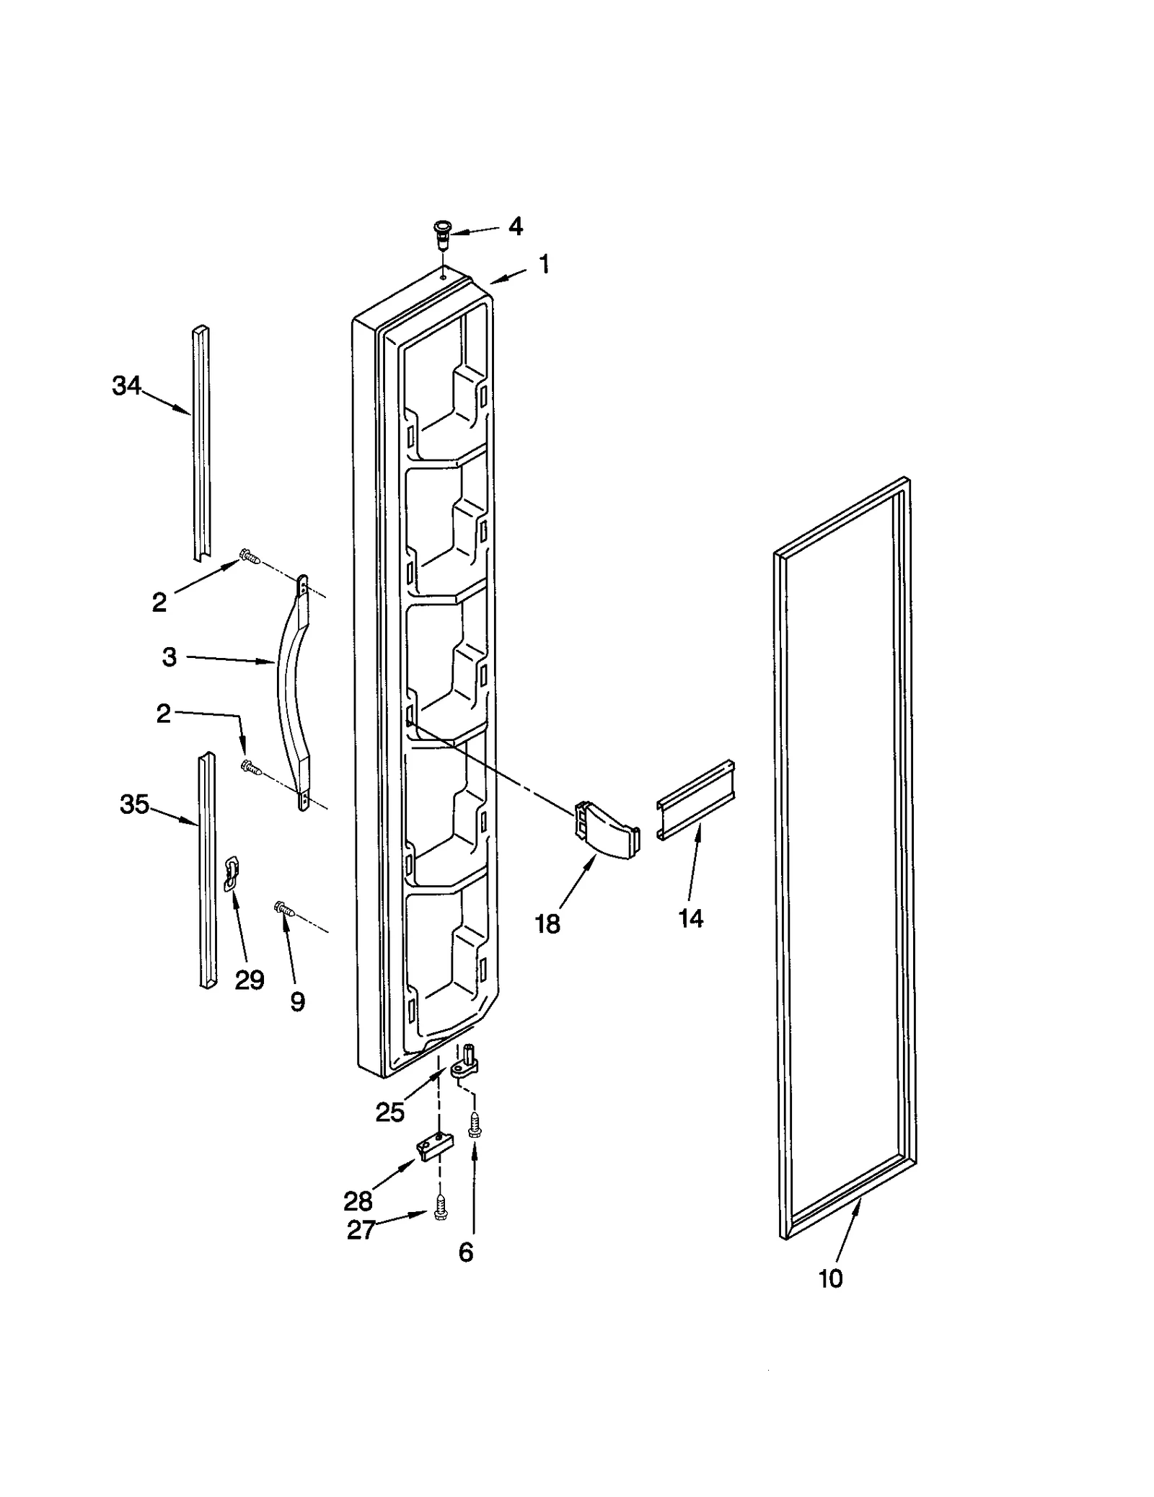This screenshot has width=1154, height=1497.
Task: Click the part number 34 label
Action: pyautogui.click(x=126, y=387)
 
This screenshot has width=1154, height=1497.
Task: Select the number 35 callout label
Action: pyautogui.click(x=134, y=804)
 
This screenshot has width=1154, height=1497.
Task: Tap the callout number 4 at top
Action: pyautogui.click(x=515, y=227)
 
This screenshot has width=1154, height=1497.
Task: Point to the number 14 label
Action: pyautogui.click(x=690, y=918)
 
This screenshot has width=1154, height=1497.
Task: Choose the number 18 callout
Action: pyautogui.click(x=547, y=924)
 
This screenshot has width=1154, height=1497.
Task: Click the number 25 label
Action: pyautogui.click(x=389, y=1112)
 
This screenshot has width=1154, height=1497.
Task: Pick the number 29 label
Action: pyautogui.click(x=250, y=980)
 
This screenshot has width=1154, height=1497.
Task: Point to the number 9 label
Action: pyautogui.click(x=297, y=1001)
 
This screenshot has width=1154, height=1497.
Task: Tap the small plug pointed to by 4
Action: pyautogui.click(x=439, y=234)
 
